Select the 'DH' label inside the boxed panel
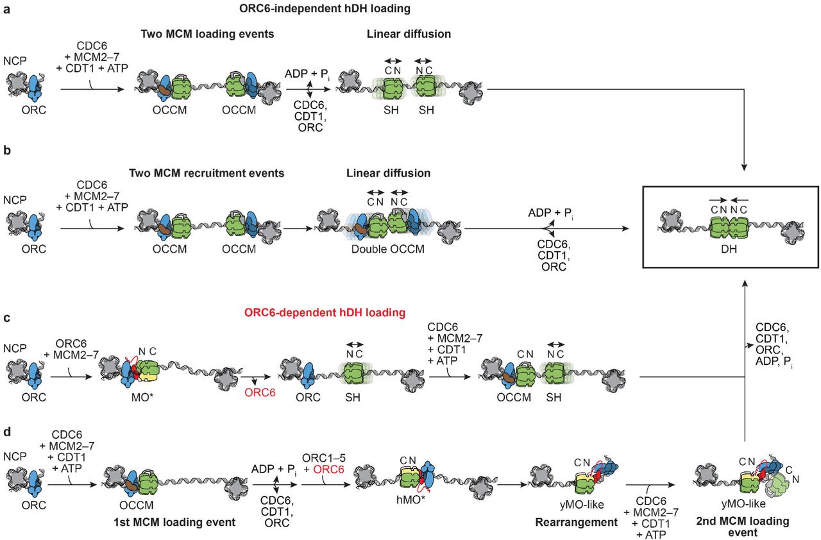pyautogui.click(x=729, y=245)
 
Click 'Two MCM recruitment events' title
pyautogui.click(x=207, y=174)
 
